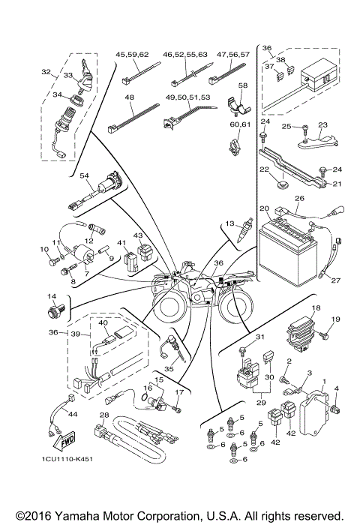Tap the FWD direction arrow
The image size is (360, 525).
pos(64,439)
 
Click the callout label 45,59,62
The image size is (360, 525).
pos(132,55)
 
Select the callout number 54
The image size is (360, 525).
pos(84,175)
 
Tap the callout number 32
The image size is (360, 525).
pos(46,73)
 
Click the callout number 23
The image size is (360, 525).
pos(322,125)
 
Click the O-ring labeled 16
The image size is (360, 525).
pos(149,400)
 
